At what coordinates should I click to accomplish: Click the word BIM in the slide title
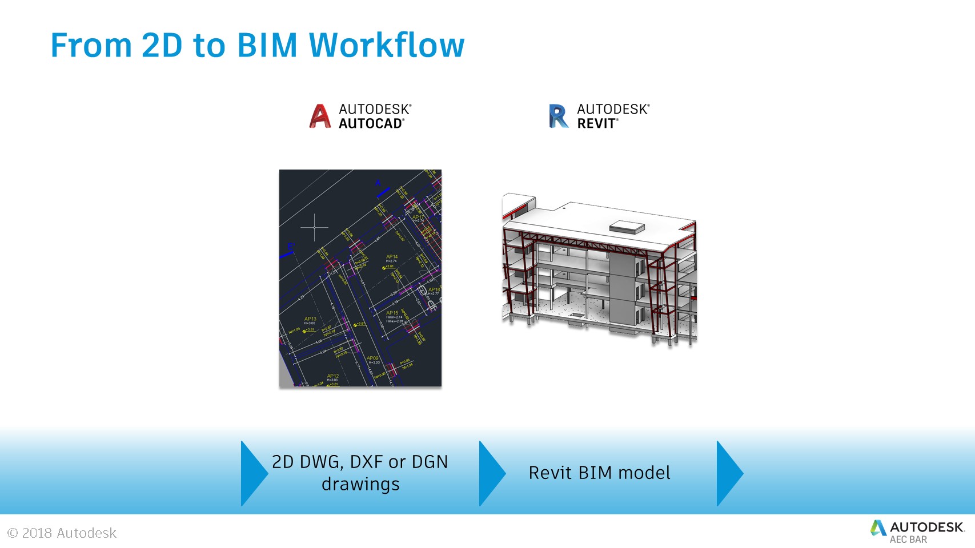(267, 45)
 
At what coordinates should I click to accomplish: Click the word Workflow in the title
(387, 45)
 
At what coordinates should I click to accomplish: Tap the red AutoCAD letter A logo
(320, 116)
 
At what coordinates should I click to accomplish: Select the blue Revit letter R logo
(558, 116)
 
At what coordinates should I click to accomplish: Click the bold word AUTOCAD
(371, 123)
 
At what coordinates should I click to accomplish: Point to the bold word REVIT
(596, 123)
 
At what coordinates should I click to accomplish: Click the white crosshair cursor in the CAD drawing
(314, 227)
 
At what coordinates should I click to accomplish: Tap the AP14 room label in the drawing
(392, 257)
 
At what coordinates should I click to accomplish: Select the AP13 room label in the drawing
(310, 319)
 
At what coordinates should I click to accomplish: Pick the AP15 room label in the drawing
(392, 313)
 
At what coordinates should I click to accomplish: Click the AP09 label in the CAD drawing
(372, 358)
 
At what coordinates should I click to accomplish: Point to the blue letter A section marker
(378, 183)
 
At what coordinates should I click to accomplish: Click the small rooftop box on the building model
(627, 227)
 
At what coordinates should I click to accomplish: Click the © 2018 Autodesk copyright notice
(62, 533)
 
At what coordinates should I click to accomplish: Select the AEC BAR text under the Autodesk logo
(908, 539)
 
